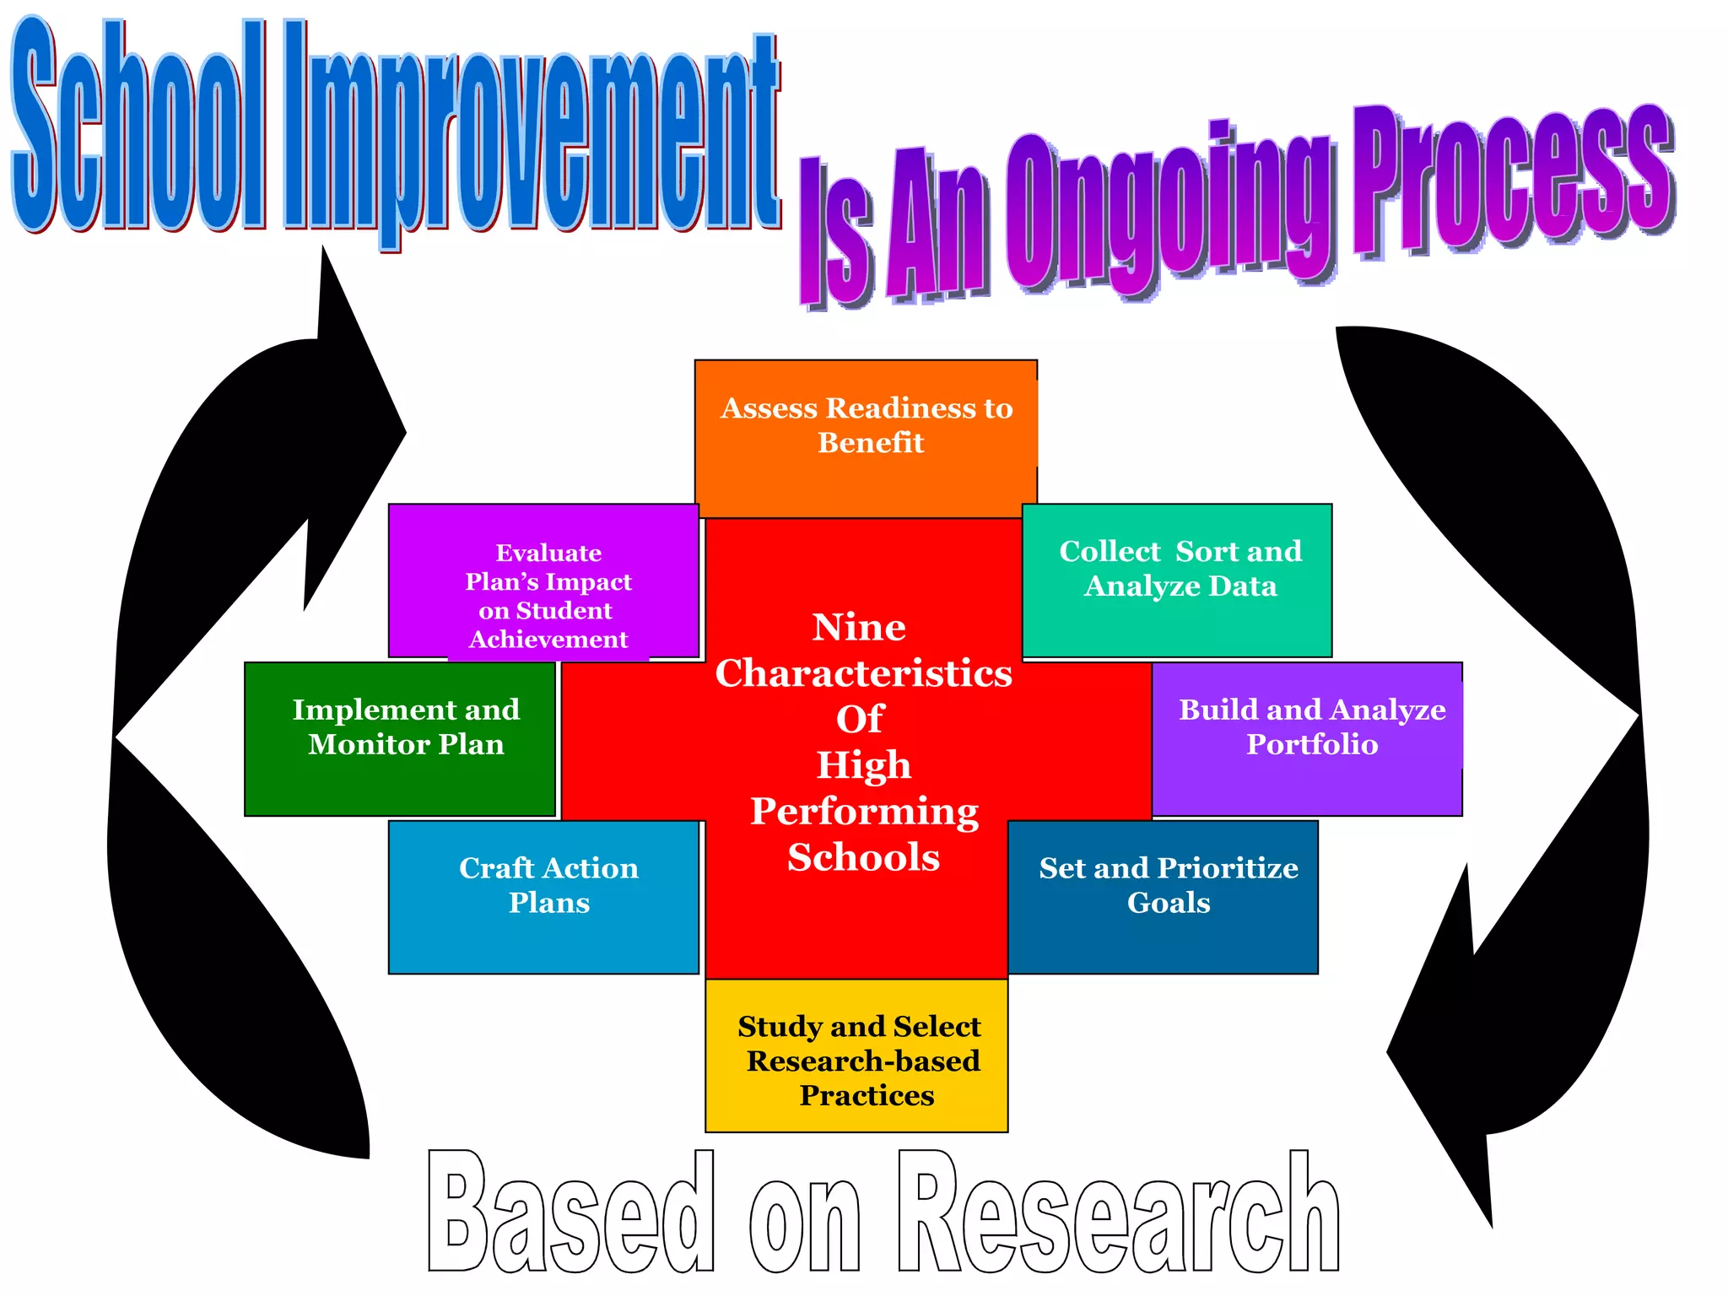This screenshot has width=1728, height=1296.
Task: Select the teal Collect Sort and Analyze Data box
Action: tap(1177, 580)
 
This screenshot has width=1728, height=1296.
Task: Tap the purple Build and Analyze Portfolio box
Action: tap(1307, 737)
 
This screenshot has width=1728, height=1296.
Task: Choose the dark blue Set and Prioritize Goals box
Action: tap(1164, 896)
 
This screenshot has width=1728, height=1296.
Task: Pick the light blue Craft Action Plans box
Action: tap(544, 896)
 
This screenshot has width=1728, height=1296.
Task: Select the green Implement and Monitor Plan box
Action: tap(400, 737)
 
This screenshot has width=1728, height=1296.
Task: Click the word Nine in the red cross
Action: tap(859, 627)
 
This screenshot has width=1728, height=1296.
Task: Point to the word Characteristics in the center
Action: tap(863, 673)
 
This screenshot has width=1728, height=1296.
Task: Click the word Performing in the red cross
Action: tap(864, 811)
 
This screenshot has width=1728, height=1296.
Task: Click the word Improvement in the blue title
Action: tap(532, 135)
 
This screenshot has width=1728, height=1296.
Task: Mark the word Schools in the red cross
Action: tap(863, 857)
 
